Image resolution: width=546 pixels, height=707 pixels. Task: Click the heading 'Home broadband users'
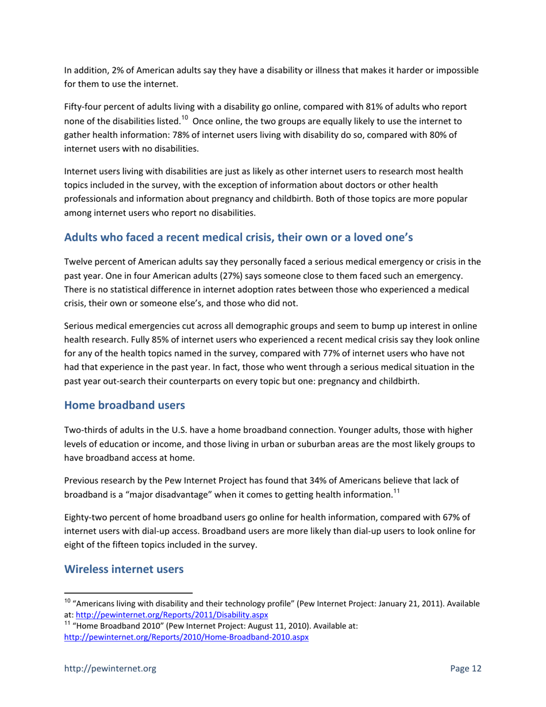tap(124, 405)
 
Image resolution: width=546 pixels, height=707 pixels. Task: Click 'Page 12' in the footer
tap(465, 668)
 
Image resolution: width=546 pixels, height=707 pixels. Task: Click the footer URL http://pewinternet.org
tap(110, 668)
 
